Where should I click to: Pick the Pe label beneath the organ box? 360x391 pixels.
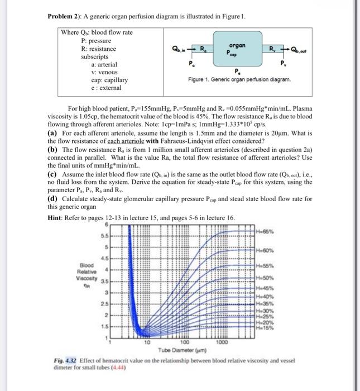pyautogui.click(x=238, y=71)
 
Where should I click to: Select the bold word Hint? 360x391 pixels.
pyautogui.click(x=57, y=217)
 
